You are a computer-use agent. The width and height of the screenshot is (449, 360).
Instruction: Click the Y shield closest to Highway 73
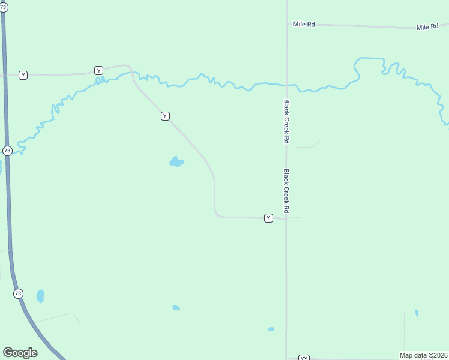23,75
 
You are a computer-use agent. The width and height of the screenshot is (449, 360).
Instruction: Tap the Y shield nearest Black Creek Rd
268,218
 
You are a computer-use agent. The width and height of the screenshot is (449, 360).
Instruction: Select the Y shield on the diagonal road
165,116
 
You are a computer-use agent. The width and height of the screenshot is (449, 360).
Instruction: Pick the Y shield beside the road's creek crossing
98,70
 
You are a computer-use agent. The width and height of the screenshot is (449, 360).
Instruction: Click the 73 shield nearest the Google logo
18,293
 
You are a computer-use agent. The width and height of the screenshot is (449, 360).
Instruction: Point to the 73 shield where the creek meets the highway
7,151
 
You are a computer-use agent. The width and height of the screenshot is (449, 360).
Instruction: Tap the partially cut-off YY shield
304,358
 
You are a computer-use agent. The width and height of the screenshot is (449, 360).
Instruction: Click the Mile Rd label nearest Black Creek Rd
304,25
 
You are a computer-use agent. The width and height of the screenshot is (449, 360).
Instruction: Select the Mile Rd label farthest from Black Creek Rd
427,28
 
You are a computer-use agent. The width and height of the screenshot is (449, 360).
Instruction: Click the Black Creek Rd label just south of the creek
287,121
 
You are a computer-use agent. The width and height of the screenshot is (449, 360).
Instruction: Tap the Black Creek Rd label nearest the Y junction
287,191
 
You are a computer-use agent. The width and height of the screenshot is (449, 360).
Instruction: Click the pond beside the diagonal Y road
176,161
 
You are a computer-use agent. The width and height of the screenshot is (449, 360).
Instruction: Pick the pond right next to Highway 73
40,296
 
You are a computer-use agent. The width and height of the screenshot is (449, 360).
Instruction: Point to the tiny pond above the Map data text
417,313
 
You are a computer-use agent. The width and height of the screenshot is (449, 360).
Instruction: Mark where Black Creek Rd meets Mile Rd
287,24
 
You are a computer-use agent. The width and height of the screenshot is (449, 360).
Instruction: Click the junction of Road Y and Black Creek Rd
286,218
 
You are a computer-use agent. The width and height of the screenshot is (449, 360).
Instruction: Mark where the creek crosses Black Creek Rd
287,85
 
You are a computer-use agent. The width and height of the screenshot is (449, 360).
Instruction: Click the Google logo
20,353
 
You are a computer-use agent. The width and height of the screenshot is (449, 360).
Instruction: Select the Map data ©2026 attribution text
423,355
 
